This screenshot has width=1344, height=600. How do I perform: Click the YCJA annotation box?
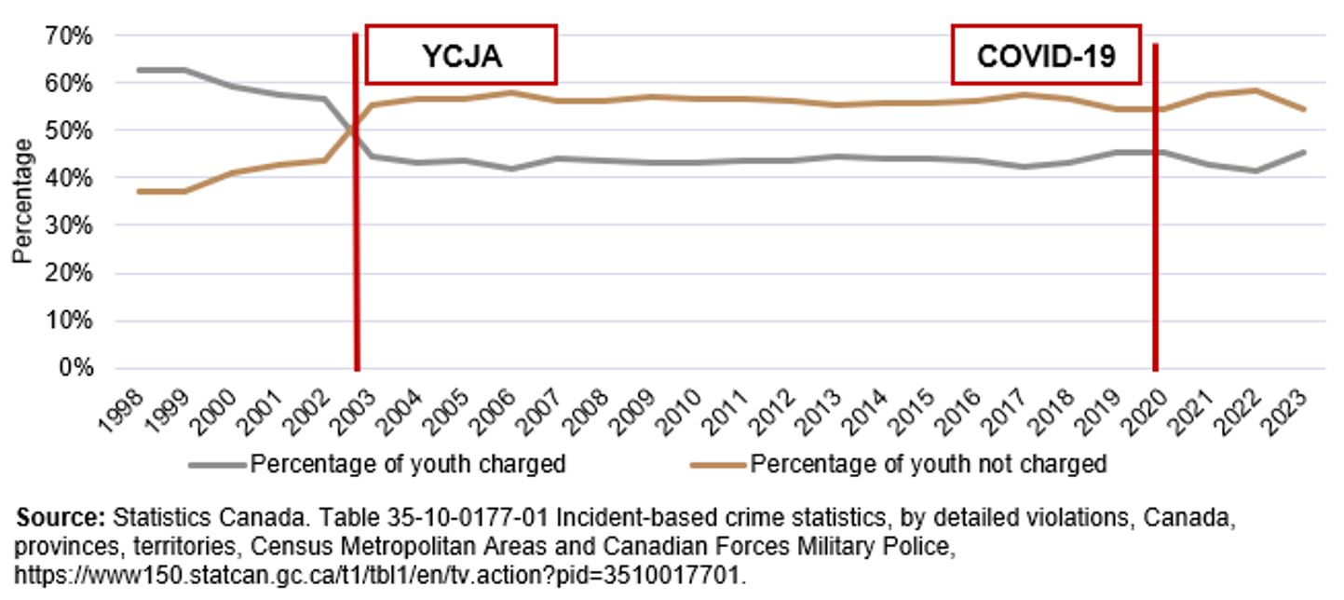point(461,55)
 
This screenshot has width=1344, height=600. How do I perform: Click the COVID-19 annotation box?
point(1046,55)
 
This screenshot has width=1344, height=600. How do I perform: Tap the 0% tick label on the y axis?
point(77,368)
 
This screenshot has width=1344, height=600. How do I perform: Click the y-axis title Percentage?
point(22,201)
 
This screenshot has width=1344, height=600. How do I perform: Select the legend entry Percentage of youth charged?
point(407,464)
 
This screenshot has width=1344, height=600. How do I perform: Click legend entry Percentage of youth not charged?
point(928,464)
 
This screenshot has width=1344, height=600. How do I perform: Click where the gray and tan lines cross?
point(350,130)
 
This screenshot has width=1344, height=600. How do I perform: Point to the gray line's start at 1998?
point(137,70)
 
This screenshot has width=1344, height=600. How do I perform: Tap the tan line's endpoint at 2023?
point(1303,109)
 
